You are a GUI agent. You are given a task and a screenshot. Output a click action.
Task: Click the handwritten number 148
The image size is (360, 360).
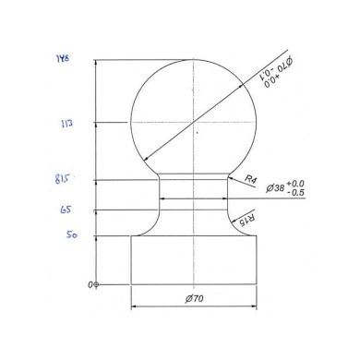click(x=64, y=60)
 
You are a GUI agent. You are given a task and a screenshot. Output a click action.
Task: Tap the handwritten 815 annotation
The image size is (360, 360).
click(x=63, y=179)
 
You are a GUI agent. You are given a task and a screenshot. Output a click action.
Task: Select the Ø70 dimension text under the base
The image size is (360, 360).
click(x=194, y=299)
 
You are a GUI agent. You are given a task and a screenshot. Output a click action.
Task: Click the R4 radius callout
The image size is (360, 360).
click(x=250, y=181)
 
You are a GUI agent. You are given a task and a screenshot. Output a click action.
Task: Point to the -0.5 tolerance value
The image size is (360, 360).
click(x=296, y=193)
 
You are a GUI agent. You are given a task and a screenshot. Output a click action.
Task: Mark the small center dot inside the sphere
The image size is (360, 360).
click(x=197, y=133)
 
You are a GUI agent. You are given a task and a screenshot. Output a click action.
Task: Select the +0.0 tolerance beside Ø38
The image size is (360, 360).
click(x=296, y=184)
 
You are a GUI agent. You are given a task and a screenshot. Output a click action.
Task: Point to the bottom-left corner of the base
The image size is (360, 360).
click(x=130, y=284)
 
